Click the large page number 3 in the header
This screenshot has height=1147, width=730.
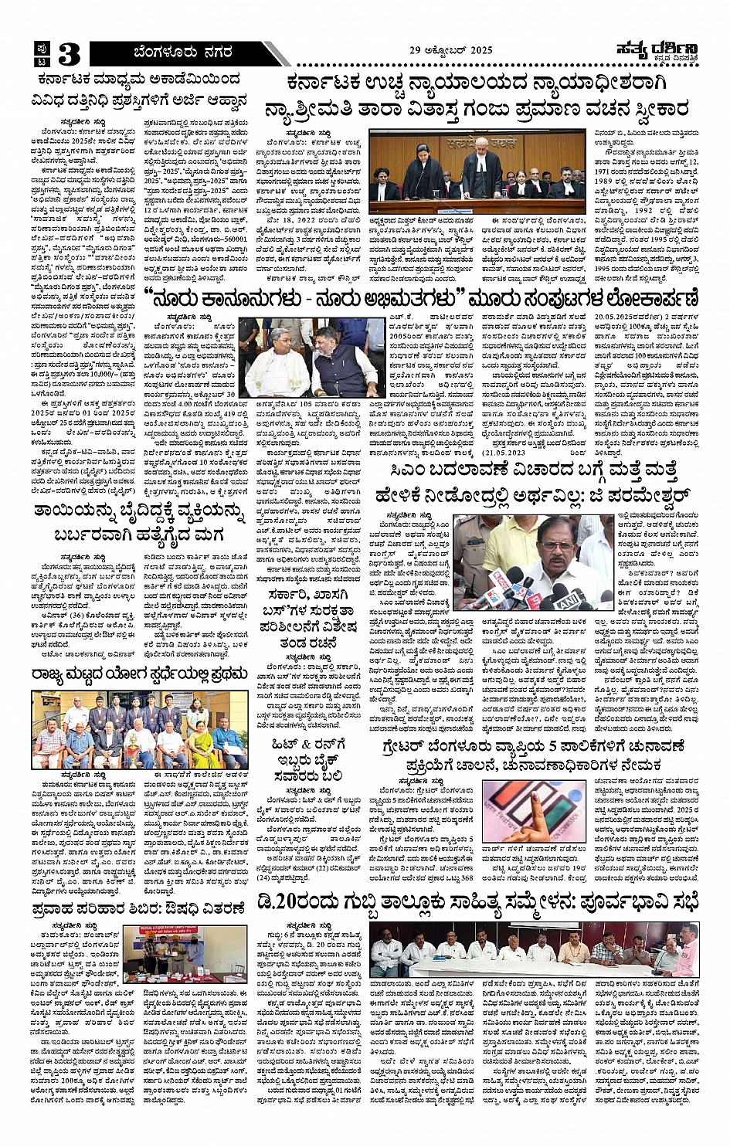[68, 54]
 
